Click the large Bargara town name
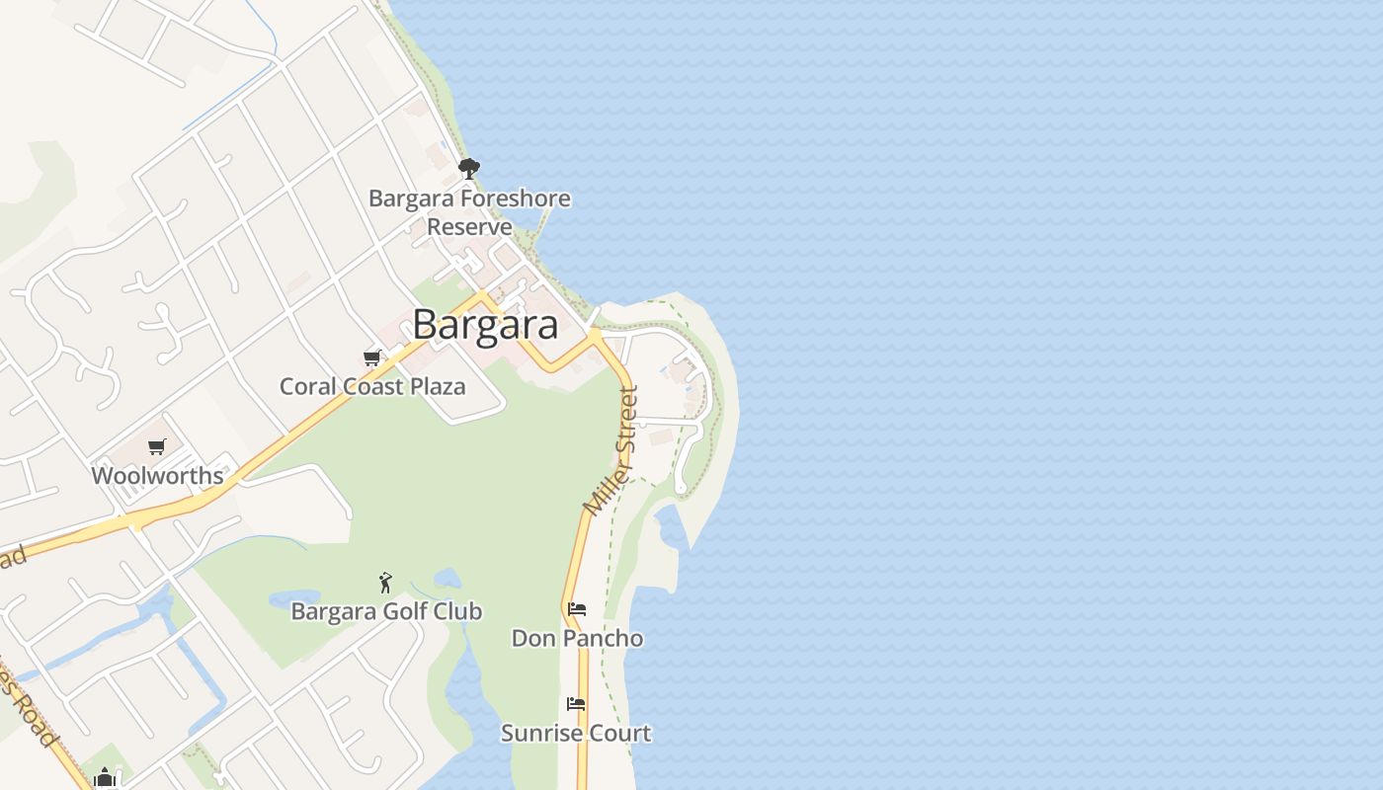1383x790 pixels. [x=485, y=325]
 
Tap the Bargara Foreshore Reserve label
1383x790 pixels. [x=469, y=211]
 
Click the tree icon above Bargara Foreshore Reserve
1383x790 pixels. [x=469, y=168]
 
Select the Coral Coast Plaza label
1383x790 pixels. [x=372, y=386]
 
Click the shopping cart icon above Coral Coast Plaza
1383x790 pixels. [x=372, y=357]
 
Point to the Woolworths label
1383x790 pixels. [x=157, y=476]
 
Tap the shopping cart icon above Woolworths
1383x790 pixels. [x=157, y=447]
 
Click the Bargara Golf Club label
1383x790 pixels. [x=386, y=611]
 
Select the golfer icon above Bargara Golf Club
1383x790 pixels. [x=385, y=583]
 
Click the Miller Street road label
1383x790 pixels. [x=612, y=450]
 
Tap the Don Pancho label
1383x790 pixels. [x=577, y=638]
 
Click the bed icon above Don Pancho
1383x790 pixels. [x=577, y=609]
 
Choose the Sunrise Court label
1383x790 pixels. [x=576, y=733]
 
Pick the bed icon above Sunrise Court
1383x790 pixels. [x=576, y=704]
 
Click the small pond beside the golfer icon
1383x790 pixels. [x=447, y=578]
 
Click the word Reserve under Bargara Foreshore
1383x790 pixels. [x=469, y=226]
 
